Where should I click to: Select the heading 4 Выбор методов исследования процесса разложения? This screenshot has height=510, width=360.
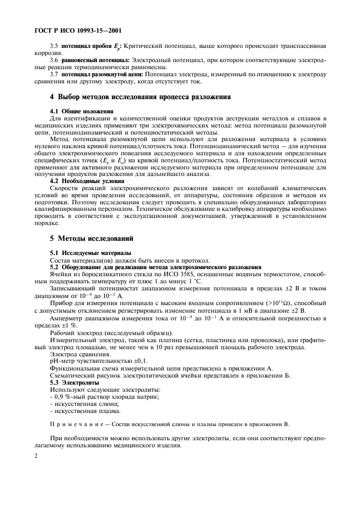140,97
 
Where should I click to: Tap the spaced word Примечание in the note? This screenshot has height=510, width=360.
73,423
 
